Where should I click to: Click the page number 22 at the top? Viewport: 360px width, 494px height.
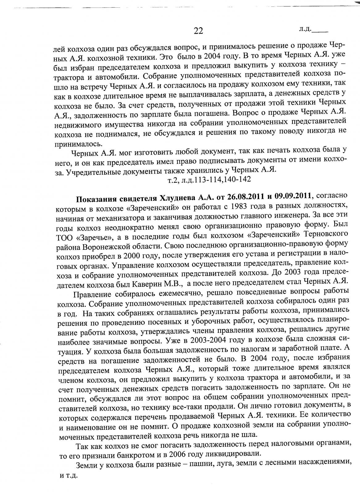click(198, 31)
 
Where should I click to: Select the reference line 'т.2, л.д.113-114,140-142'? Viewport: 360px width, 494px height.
click(209, 179)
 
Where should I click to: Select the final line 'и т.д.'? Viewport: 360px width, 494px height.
click(68, 476)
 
